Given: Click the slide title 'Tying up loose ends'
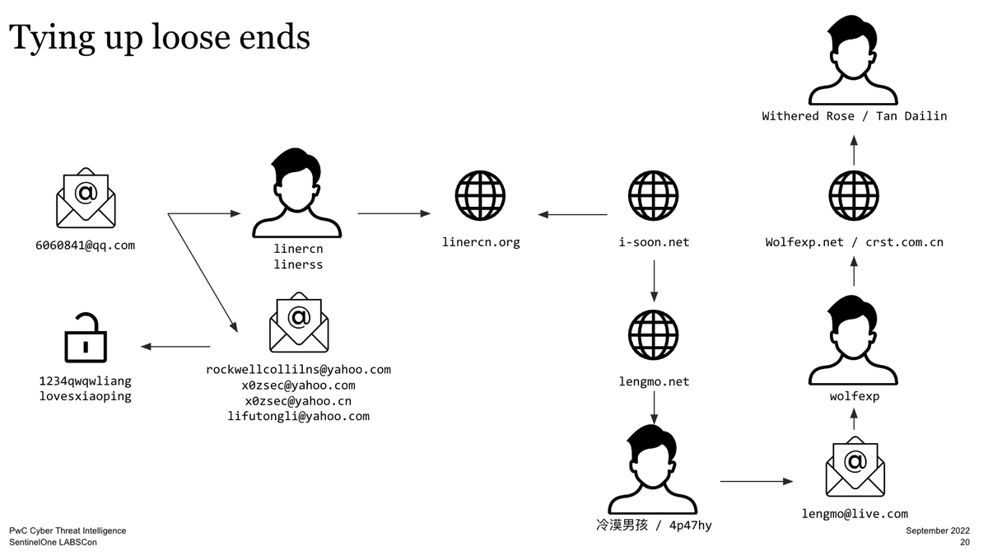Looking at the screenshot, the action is pos(160,37).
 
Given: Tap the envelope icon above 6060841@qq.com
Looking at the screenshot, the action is pos(86,198).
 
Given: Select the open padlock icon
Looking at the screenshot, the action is pos(86,338).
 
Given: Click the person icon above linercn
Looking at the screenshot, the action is pos(296,194).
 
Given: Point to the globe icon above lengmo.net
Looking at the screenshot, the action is pos(653,336).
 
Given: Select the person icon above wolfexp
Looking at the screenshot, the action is pos(854,339).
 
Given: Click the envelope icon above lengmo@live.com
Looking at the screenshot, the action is pos(855,466).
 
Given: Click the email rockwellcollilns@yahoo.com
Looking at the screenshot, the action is pos(298,370).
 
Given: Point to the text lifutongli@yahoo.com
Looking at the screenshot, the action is pos(298,417).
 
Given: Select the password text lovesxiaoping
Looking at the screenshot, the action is pos(86,396).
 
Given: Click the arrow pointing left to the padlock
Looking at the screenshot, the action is pos(176,347).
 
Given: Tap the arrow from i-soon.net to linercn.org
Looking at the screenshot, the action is pos(573,215).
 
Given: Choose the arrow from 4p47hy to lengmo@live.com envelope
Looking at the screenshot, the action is pos(756,481).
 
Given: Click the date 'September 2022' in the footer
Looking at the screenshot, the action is pos(937,531).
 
